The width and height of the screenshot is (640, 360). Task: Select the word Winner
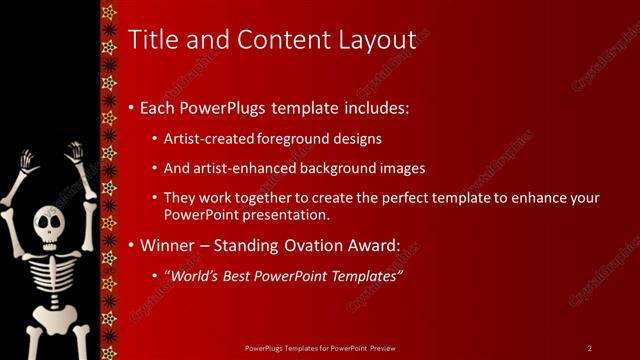pos(168,244)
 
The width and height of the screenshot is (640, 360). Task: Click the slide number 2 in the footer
pos(589,347)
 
